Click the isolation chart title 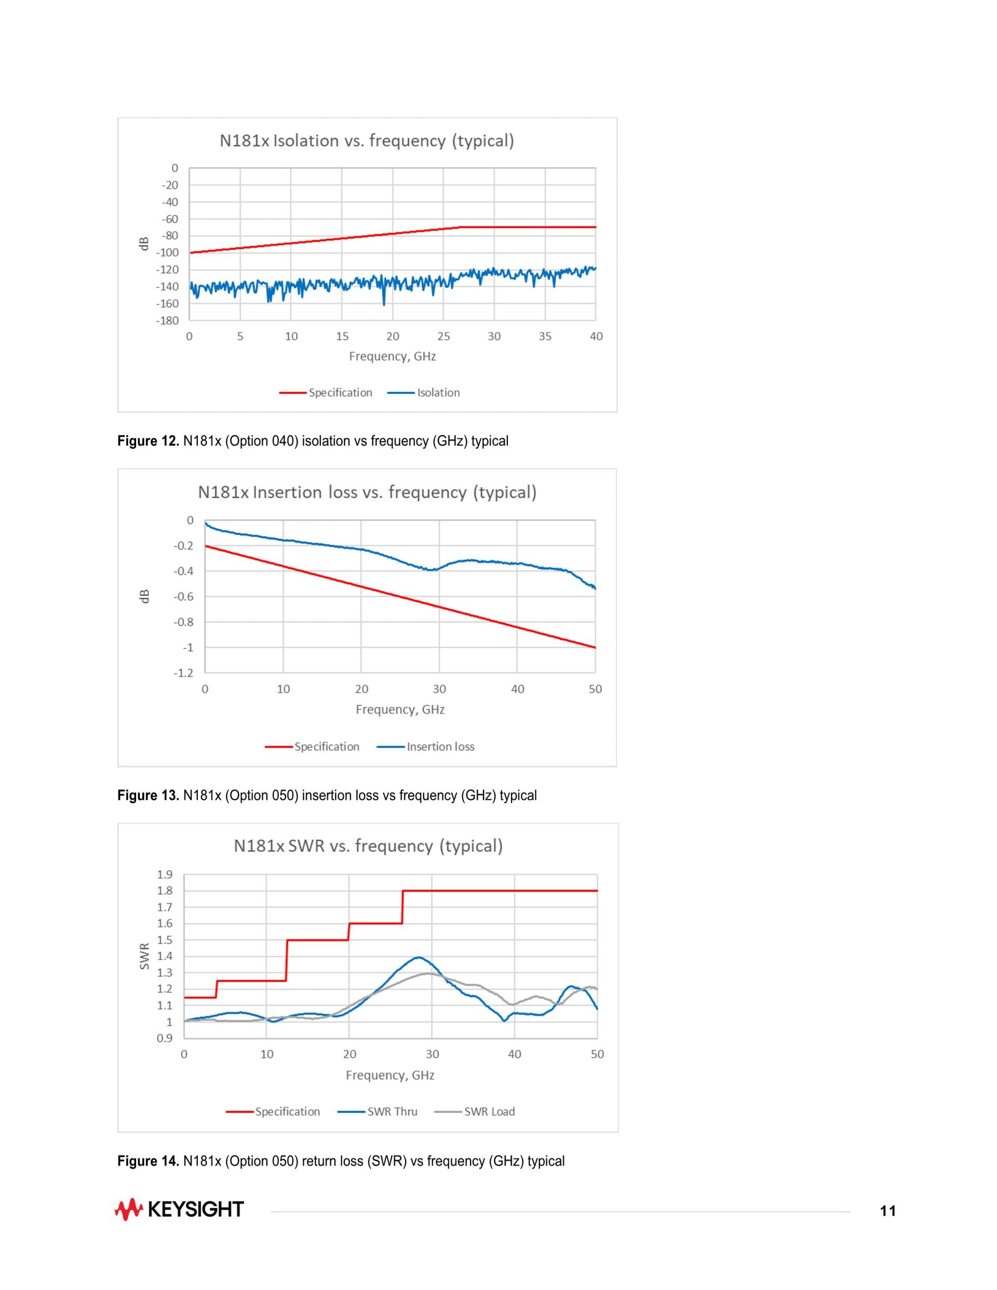click(x=367, y=141)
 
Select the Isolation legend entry click(x=424, y=393)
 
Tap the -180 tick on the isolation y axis click(x=167, y=321)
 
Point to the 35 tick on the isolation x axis click(x=545, y=337)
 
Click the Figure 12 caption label click(x=148, y=441)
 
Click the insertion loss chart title click(x=367, y=493)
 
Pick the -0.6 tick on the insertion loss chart click(x=183, y=597)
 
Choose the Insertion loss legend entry click(x=425, y=747)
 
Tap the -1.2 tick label click(x=183, y=673)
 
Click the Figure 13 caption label click(x=148, y=796)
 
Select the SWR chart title click(x=368, y=846)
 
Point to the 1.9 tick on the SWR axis click(x=165, y=874)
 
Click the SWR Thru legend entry click(x=378, y=1112)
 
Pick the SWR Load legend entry click(x=474, y=1112)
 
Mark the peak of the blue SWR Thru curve click(x=419, y=958)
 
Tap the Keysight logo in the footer click(x=179, y=1210)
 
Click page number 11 click(x=888, y=1211)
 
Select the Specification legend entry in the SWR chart click(x=273, y=1112)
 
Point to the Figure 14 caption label click(x=148, y=1161)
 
